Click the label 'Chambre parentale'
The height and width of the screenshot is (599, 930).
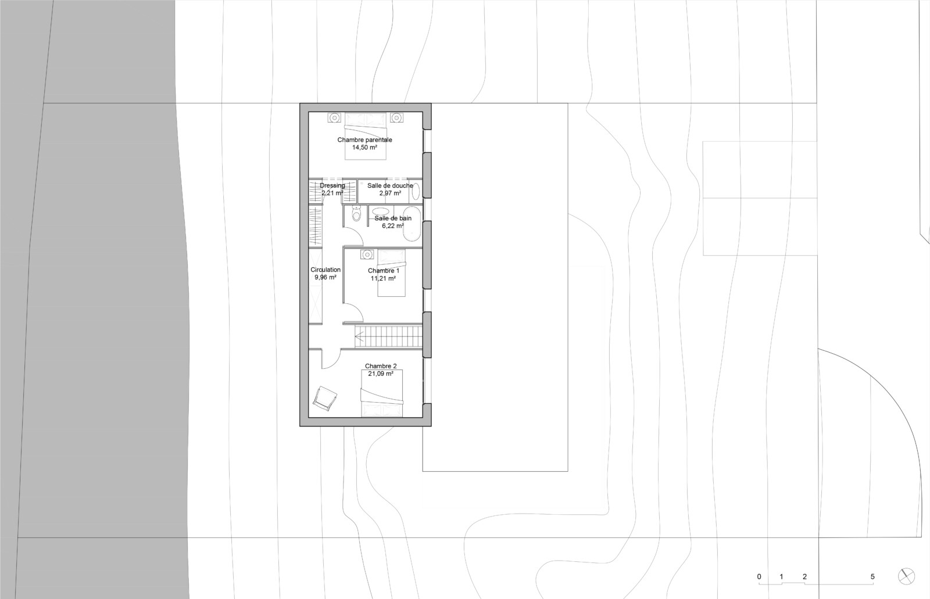tap(364, 140)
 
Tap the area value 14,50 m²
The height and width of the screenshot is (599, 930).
tap(364, 148)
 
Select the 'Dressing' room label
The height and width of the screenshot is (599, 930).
tap(332, 185)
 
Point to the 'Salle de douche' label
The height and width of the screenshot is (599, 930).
tap(390, 185)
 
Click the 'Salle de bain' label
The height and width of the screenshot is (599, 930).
tap(393, 218)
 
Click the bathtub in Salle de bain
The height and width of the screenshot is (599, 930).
tap(412, 224)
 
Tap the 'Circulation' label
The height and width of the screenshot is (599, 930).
tap(325, 270)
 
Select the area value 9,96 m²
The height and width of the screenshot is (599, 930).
tap(325, 277)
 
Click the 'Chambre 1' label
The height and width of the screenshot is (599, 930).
tap(383, 271)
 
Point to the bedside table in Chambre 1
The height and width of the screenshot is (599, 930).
tap(367, 254)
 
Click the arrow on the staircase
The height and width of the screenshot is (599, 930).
tap(360, 336)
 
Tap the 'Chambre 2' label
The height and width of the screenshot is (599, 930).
tap(381, 366)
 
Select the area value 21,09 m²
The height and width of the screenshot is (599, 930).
tap(381, 374)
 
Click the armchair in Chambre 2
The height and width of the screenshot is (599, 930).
tap(325, 398)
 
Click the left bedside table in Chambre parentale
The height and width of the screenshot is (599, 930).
tap(334, 118)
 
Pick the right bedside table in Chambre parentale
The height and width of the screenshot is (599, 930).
tap(396, 118)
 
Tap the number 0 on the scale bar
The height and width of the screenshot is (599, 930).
tap(759, 576)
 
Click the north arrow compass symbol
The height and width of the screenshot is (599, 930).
tap(906, 576)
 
